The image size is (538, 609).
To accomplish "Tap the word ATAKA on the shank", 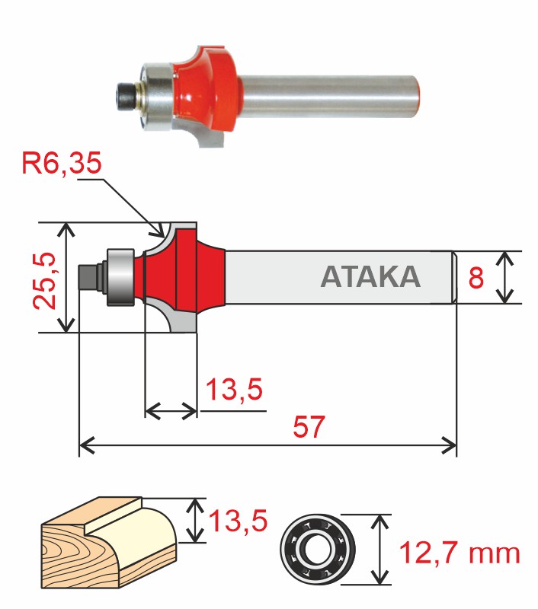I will [370, 277].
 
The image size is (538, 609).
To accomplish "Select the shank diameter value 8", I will [476, 278].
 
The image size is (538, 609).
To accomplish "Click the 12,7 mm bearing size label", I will [459, 553].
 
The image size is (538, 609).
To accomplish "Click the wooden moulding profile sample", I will [110, 540].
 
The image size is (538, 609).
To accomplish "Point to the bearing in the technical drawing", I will [120, 277].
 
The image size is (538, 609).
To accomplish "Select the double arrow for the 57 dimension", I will [267, 444].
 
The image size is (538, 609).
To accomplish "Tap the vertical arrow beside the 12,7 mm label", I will [379, 550].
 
